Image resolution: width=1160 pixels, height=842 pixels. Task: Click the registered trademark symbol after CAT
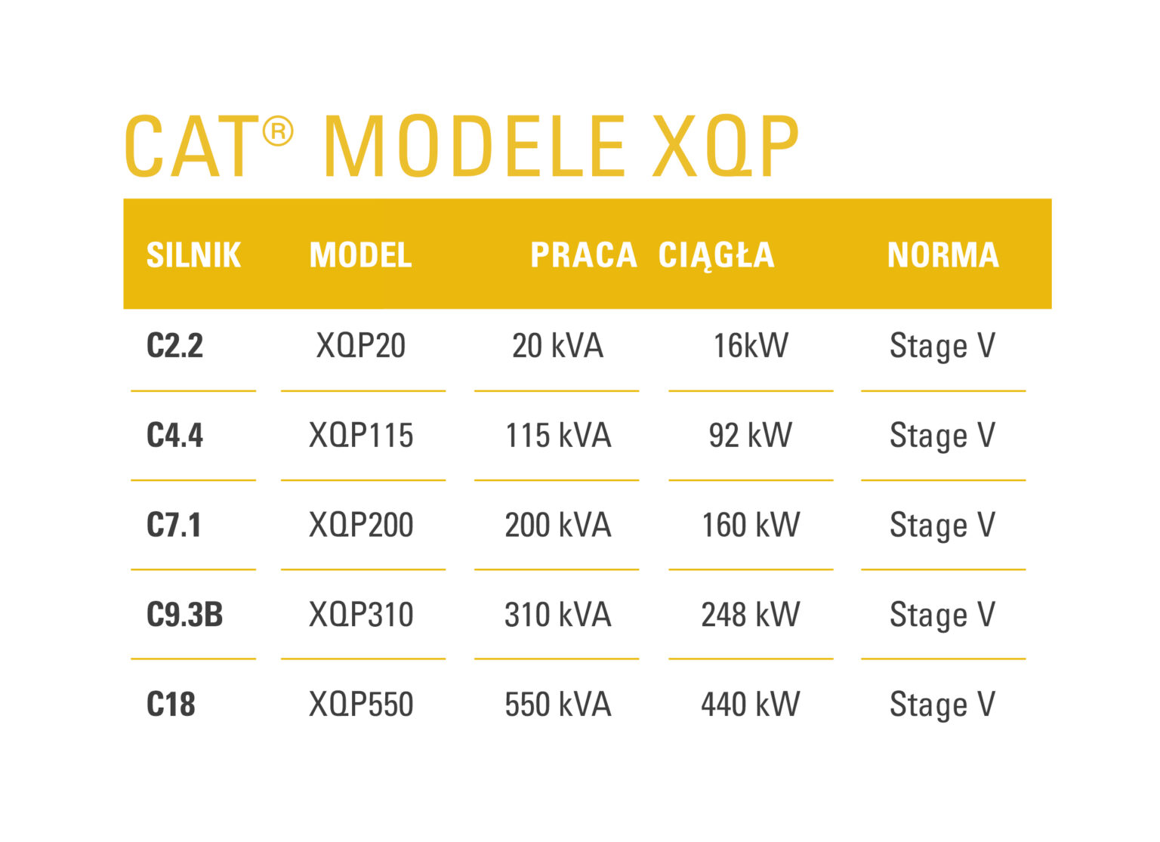[277, 132]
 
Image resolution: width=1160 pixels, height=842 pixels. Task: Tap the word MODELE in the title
[474, 147]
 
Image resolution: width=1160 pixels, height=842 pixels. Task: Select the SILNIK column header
[193, 255]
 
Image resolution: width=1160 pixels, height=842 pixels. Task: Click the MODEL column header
[361, 255]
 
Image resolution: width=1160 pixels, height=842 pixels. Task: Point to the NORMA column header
[942, 255]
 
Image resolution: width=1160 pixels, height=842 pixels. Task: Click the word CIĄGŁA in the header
[716, 255]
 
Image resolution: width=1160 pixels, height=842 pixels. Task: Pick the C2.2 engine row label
[174, 346]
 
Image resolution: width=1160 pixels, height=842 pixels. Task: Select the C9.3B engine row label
[184, 615]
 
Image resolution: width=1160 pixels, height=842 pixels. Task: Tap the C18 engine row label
[171, 705]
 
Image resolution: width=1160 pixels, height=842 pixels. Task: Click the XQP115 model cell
[361, 436]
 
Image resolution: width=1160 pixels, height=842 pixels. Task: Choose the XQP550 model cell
[361, 705]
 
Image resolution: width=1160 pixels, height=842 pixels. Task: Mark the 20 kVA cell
[557, 346]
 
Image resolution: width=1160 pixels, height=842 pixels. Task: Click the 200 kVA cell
[557, 525]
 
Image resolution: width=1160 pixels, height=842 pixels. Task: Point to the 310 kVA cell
[557, 615]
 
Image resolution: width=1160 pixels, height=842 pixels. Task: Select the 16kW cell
[751, 346]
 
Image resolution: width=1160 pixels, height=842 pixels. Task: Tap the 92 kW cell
[751, 436]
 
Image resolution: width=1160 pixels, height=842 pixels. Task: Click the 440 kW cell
[751, 705]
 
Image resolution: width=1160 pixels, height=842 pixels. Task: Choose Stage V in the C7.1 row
[942, 525]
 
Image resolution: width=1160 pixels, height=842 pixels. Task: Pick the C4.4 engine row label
[174, 436]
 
